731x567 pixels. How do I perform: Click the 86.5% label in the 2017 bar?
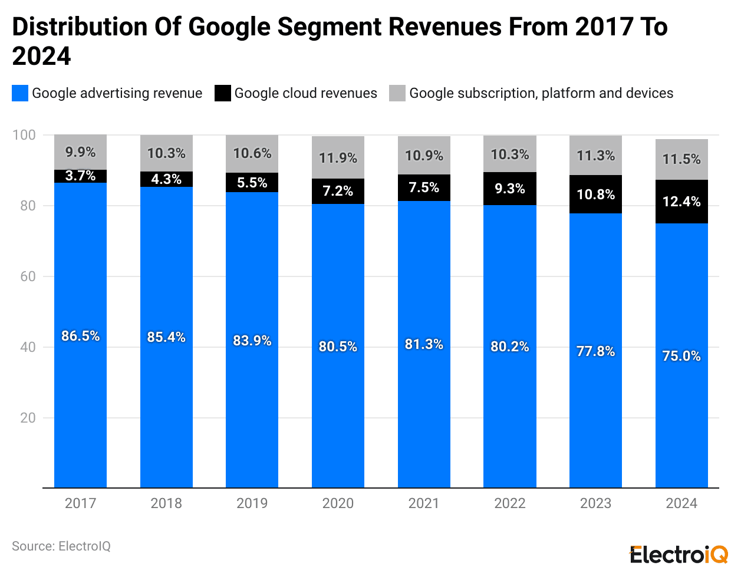80,336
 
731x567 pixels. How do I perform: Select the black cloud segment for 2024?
681,202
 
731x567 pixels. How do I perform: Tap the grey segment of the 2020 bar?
338,157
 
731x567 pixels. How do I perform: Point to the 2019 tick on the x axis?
252,503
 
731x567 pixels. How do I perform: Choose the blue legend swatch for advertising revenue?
20,93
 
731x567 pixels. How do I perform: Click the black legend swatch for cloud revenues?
223,93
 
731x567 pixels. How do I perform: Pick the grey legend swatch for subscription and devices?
397,93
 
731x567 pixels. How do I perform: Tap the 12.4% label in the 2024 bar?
681,202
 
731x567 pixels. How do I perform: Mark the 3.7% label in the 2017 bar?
80,176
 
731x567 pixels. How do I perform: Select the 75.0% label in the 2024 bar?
681,356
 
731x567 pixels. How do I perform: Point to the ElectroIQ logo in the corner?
679,554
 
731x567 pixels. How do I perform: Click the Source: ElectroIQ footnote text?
61,546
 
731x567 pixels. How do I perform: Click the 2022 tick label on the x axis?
509,503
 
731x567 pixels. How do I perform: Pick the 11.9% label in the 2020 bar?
338,158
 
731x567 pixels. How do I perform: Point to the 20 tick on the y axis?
28,418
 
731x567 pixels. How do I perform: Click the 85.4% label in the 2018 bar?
166,337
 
